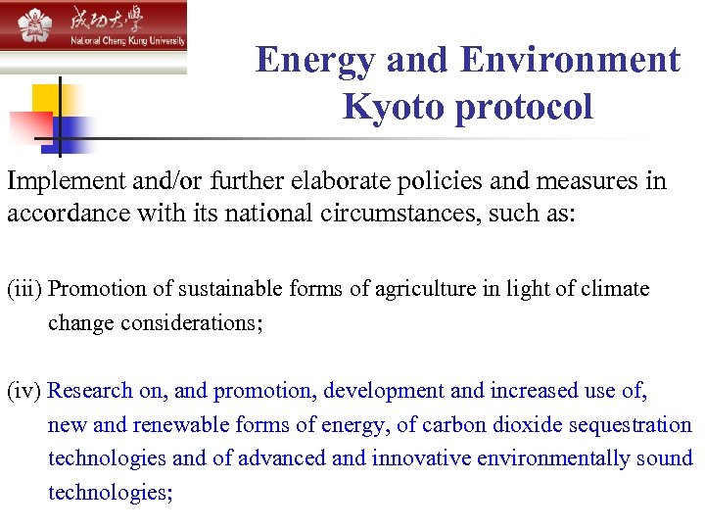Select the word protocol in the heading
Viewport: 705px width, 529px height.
pyautogui.click(x=527, y=106)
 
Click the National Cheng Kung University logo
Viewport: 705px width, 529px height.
pyautogui.click(x=93, y=27)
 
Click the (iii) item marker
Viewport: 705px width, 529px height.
pyautogui.click(x=24, y=289)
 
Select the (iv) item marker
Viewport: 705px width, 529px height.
pyautogui.click(x=23, y=391)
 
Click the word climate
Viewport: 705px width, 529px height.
pyautogui.click(x=616, y=289)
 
